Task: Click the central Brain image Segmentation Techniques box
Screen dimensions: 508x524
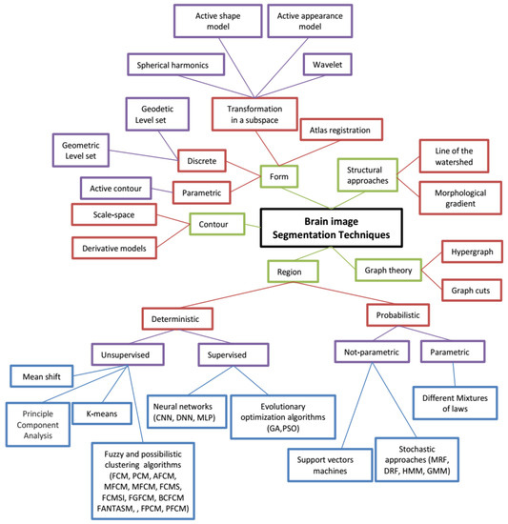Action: [332, 228]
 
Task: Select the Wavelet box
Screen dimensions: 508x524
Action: [328, 65]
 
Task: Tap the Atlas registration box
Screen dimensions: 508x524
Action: [341, 130]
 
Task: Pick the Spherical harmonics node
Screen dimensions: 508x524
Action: [175, 65]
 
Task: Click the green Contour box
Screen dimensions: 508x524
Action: [217, 224]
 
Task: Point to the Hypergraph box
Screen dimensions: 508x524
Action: [472, 252]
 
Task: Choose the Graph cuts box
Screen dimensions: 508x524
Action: [472, 291]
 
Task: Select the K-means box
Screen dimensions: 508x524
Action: [102, 413]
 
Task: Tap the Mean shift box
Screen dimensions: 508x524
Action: [41, 376]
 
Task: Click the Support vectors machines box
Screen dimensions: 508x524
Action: [330, 465]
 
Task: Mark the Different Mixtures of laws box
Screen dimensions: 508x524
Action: [455, 403]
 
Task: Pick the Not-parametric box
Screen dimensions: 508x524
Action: [372, 352]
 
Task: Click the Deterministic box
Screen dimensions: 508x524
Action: [177, 319]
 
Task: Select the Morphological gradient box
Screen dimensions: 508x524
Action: [460, 198]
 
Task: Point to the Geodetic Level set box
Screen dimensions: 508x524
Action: [157, 114]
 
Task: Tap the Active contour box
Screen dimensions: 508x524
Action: [115, 189]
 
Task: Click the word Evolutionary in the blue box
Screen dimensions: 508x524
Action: [283, 407]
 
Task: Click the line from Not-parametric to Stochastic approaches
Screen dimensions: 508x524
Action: [394, 400]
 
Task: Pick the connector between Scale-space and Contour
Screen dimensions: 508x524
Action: [173, 219]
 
